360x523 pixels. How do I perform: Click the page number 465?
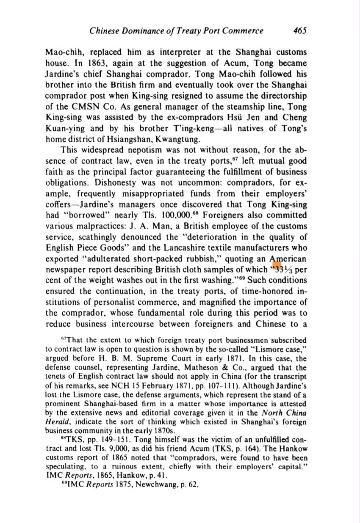pyautogui.click(x=299, y=30)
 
